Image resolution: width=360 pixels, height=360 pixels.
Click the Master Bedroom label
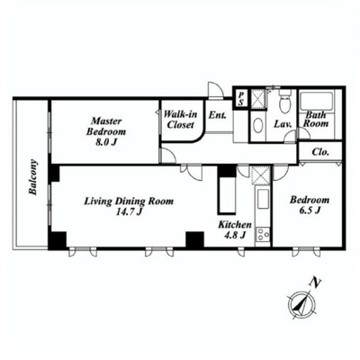106,131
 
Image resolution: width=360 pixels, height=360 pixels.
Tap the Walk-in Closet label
181,120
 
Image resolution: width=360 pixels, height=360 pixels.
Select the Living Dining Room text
129,201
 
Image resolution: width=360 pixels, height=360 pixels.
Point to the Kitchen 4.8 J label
235,229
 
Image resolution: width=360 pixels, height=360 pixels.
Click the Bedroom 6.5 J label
310,205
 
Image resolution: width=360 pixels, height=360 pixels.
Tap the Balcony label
33,177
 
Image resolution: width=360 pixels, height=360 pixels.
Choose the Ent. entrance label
218,115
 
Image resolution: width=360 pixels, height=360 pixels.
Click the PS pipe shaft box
241,99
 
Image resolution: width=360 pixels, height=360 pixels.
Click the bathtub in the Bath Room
316,103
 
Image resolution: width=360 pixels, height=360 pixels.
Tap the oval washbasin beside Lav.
257,126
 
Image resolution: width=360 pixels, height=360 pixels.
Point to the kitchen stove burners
263,234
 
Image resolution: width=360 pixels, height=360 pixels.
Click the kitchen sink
263,199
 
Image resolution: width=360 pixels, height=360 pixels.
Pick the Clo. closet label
320,152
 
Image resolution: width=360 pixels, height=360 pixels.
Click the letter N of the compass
314,282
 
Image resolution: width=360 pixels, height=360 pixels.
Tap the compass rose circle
301,305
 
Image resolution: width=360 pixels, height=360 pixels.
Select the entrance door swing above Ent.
216,89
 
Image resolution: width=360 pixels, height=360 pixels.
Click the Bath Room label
316,119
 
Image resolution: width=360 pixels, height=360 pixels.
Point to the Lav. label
283,124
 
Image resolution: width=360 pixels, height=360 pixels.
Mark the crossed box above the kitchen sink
261,175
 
